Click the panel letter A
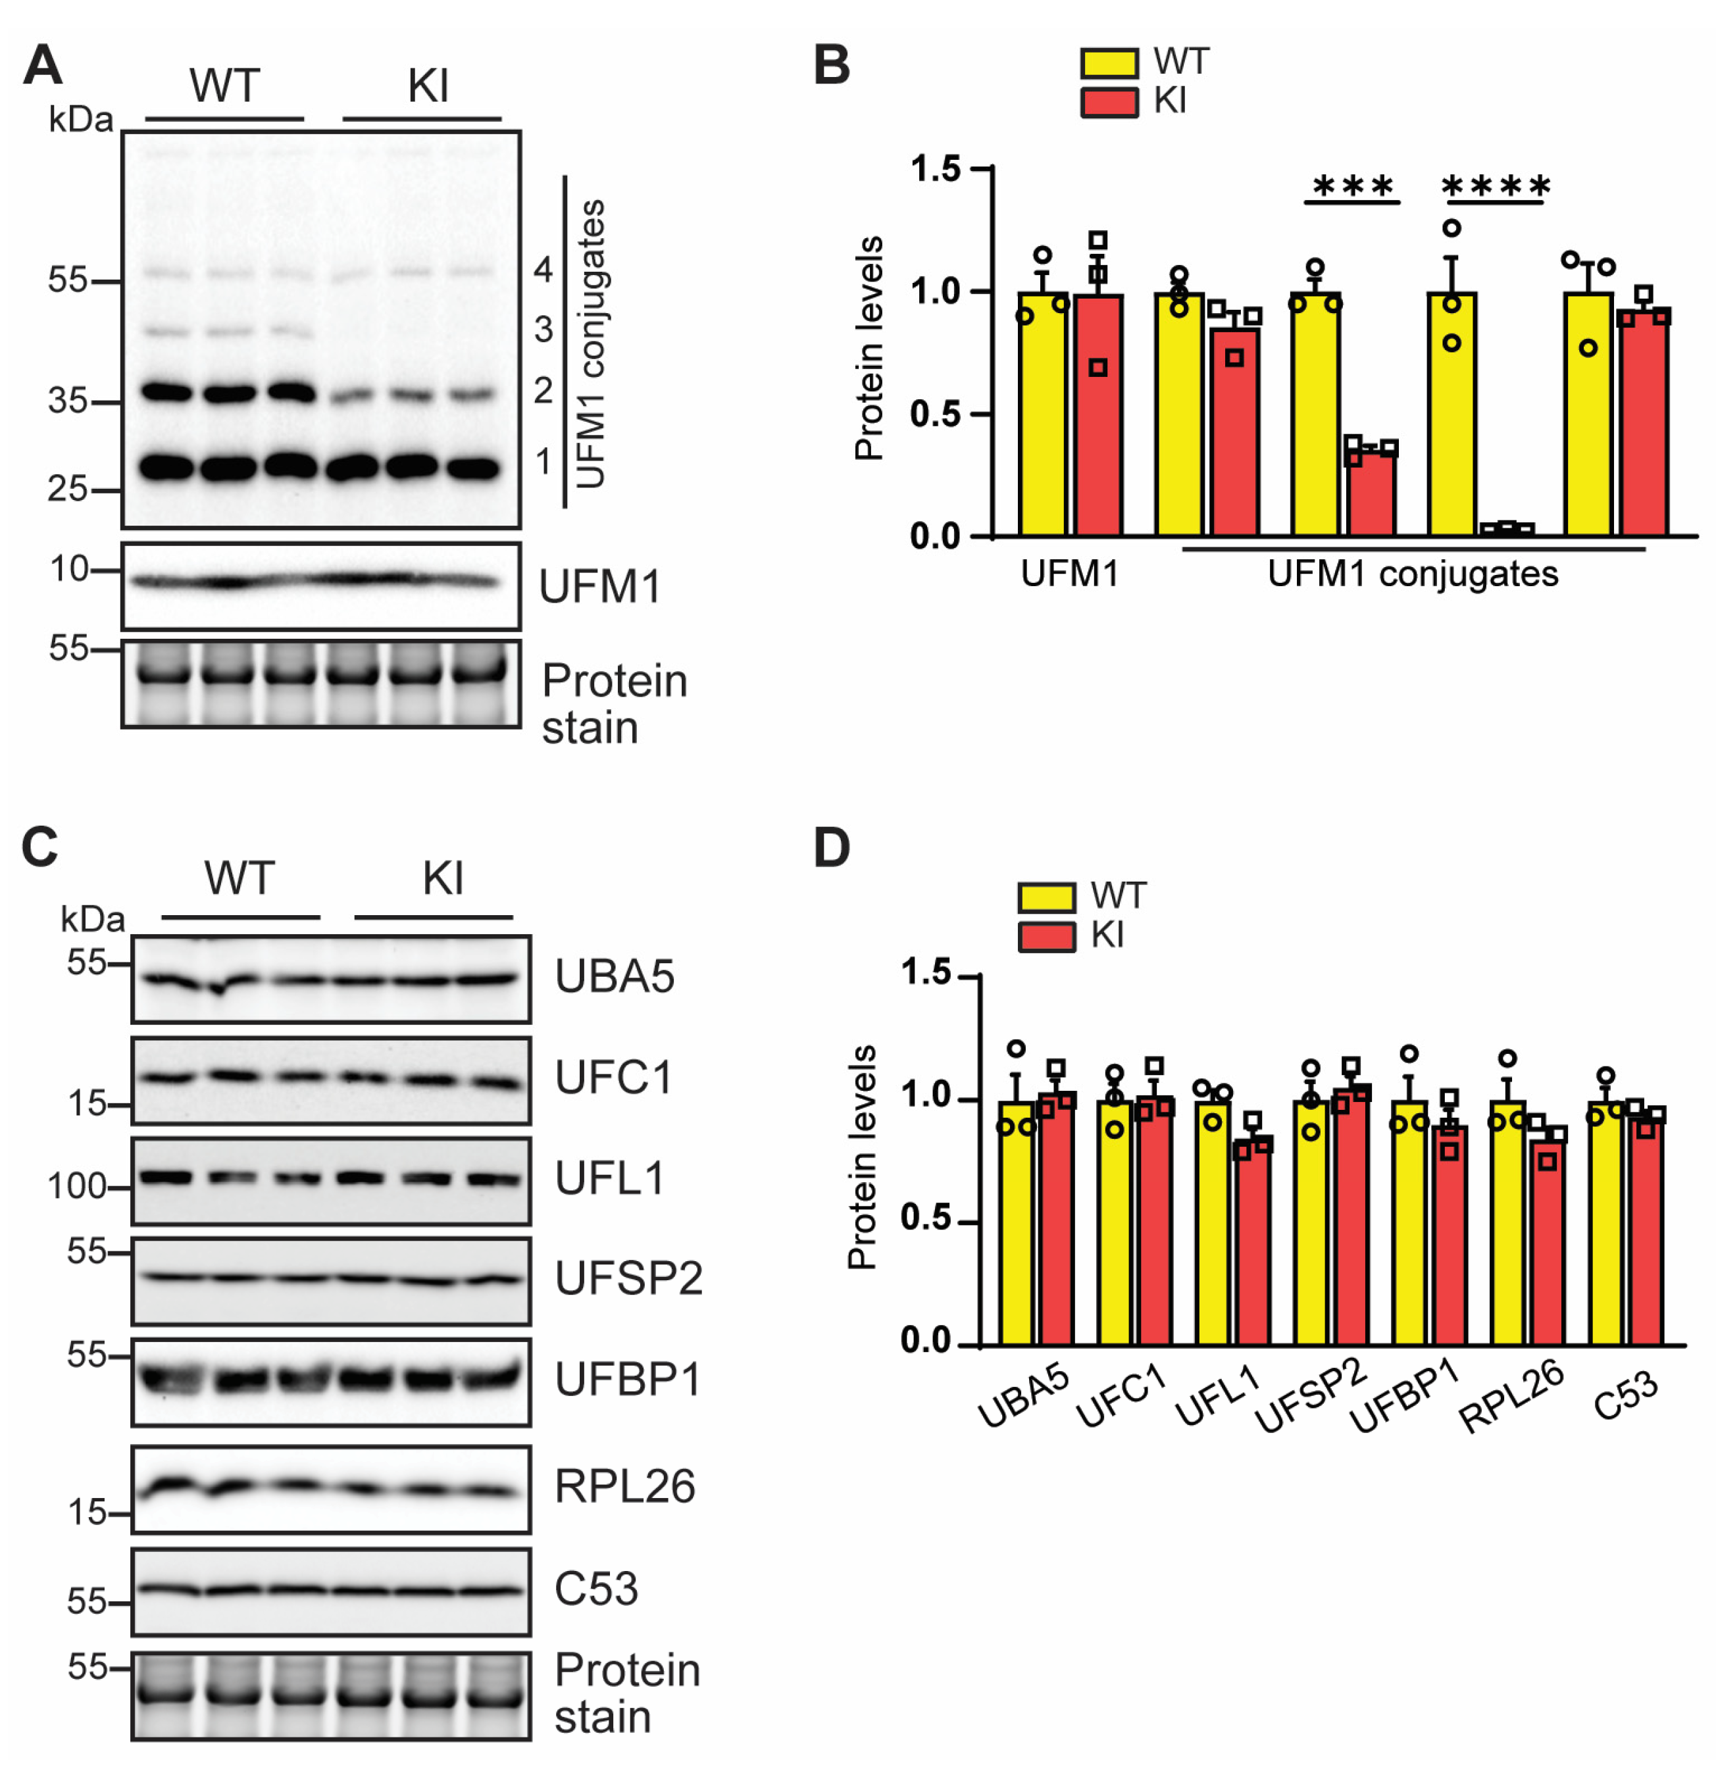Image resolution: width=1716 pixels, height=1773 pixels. point(43,66)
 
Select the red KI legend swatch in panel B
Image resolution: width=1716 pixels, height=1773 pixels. point(1109,102)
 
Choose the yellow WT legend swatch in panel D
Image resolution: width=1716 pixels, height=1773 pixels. point(1047,897)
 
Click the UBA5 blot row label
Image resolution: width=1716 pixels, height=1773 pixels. point(614,977)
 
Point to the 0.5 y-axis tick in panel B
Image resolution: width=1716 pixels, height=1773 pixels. point(936,414)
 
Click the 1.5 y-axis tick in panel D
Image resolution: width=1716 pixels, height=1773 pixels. point(926,974)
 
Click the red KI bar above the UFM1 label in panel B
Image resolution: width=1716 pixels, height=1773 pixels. point(1098,415)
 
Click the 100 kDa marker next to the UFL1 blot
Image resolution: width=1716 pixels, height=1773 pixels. point(78,1186)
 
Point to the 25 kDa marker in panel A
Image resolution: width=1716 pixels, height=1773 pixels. point(68,489)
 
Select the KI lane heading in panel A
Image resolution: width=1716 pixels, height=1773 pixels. point(427,87)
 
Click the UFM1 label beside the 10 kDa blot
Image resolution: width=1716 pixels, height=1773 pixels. point(599,587)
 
